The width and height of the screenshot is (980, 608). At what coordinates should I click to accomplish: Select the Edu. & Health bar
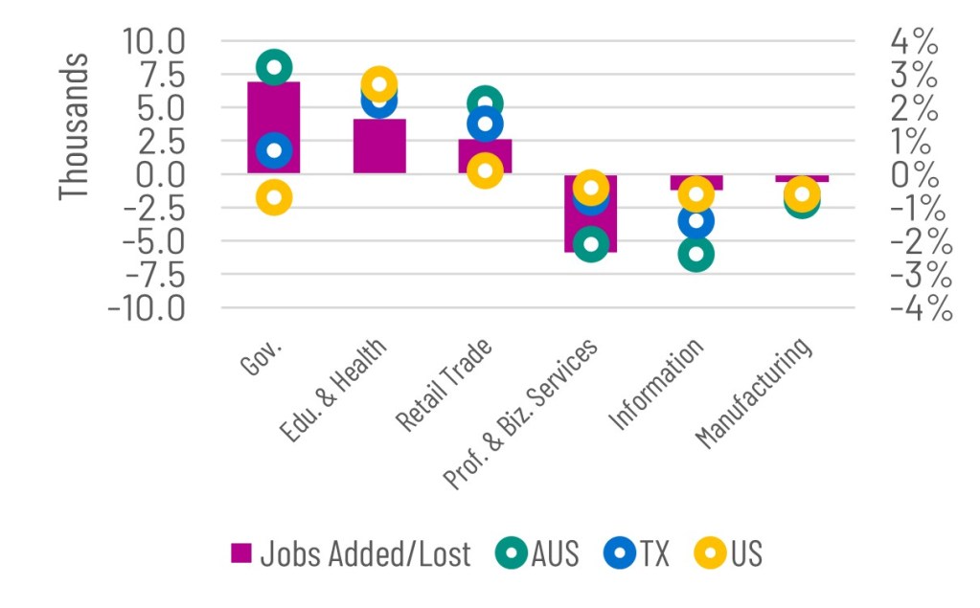[x=379, y=148]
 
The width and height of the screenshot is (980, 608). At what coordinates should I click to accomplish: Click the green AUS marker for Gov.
[x=274, y=67]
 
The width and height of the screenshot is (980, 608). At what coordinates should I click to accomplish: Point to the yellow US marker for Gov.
[x=274, y=198]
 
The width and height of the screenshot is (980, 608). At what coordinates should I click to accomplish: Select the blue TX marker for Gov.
[x=274, y=149]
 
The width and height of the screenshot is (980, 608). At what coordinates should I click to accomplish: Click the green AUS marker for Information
[x=696, y=255]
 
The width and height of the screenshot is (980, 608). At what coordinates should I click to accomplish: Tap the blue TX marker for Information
[x=696, y=221]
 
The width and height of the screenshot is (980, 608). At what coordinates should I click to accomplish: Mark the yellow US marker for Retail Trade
[x=485, y=171]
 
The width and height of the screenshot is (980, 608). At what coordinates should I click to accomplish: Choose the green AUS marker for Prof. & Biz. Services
[x=591, y=244]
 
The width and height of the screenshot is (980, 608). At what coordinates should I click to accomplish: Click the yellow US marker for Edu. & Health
[x=379, y=84]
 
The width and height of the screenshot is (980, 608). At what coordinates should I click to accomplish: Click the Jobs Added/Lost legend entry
[x=351, y=553]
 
